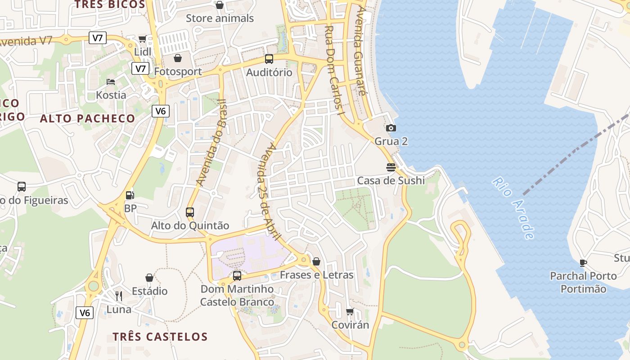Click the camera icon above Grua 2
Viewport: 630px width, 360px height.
391,128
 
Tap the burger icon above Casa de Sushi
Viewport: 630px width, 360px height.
391,167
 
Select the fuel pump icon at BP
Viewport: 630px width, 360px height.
130,195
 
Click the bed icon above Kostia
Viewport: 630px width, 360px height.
111,82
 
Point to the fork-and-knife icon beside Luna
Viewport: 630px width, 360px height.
119,296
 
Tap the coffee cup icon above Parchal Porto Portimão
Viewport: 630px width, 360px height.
583,263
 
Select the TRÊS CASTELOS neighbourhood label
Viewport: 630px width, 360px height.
160,337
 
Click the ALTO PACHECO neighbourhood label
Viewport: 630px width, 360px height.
87,119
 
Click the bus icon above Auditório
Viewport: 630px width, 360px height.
269,59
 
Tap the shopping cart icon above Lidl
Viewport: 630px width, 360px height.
143,39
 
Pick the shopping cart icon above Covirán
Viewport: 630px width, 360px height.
350,311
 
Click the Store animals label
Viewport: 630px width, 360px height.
220,18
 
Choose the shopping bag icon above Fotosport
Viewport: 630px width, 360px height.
178,58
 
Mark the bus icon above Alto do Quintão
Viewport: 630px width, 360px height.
190,212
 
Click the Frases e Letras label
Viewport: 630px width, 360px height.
316,275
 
